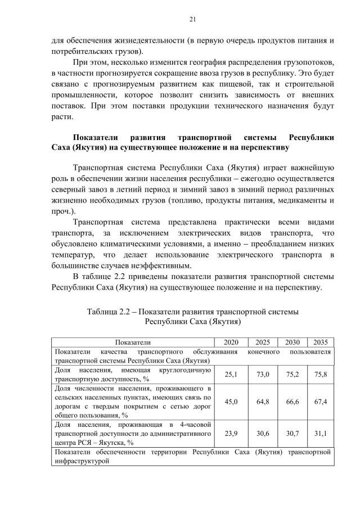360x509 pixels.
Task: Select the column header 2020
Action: coord(231,342)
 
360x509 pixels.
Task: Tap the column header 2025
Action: coord(263,342)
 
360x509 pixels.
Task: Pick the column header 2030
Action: coord(292,342)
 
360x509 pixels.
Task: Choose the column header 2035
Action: coord(321,342)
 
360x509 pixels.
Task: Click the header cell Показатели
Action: coord(133,342)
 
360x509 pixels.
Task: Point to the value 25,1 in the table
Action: coord(231,374)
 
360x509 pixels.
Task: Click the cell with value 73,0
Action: coord(263,374)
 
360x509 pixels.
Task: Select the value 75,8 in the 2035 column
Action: coord(321,374)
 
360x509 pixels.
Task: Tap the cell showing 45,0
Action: coord(231,402)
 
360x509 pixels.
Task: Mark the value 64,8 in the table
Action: coord(263,402)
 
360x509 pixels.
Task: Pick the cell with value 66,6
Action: coord(292,402)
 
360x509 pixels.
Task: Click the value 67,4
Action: coord(321,402)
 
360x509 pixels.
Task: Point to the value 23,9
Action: coord(231,434)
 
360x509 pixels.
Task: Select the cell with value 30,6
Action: coord(263,434)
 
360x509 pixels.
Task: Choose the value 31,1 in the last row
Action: coord(321,434)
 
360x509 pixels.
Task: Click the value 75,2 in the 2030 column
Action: coord(292,374)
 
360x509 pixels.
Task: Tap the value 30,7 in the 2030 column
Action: coord(292,434)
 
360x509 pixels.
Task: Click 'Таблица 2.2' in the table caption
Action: coord(110,311)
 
